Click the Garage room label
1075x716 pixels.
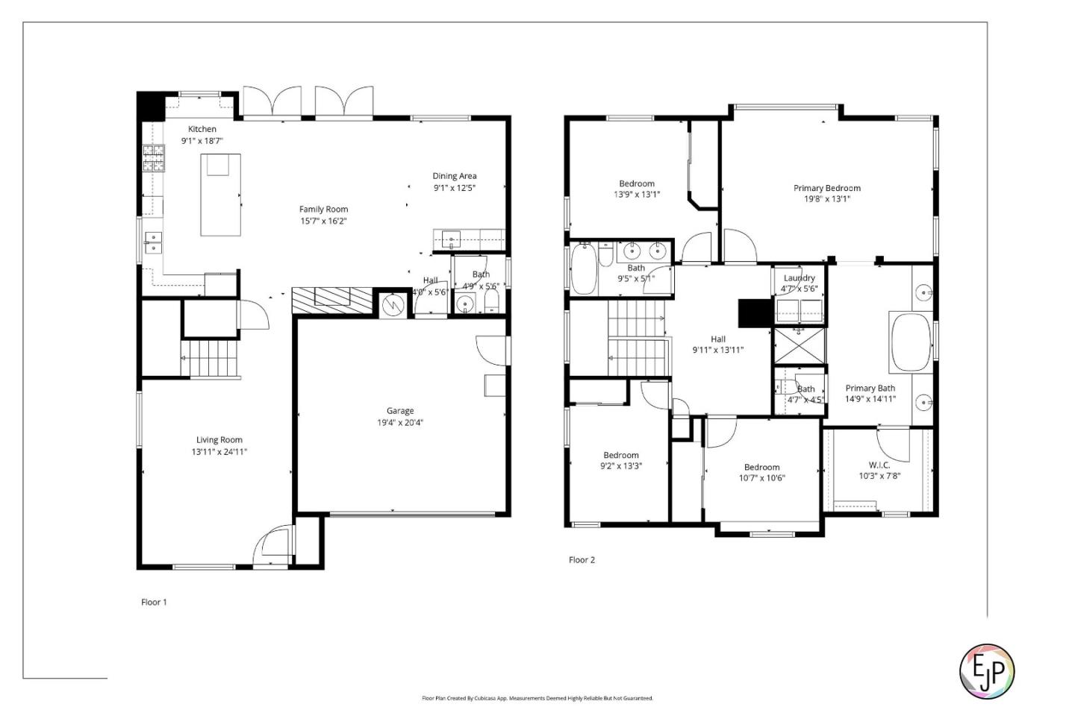click(x=400, y=411)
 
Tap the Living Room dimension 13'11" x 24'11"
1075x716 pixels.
click(x=219, y=452)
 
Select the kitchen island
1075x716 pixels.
click(x=220, y=195)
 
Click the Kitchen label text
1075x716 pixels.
click(x=202, y=129)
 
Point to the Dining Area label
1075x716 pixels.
click(x=454, y=177)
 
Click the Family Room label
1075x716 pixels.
click(x=323, y=210)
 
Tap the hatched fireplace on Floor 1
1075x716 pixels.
click(x=332, y=300)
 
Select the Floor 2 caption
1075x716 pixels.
click(x=582, y=560)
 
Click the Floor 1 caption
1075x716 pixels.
click(x=154, y=602)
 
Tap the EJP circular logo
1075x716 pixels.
click(x=986, y=671)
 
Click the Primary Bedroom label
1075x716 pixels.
click(x=826, y=188)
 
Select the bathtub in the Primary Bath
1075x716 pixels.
click(x=910, y=342)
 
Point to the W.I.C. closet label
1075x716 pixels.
click(x=879, y=465)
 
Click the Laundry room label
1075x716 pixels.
click(x=799, y=278)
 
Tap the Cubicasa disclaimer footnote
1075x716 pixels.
click(x=537, y=699)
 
